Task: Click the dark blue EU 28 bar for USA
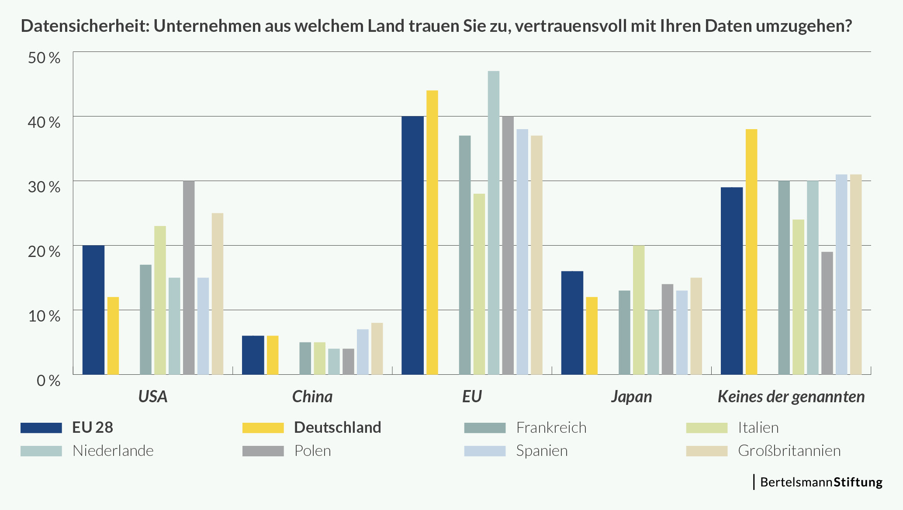(93, 310)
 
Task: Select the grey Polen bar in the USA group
(189, 277)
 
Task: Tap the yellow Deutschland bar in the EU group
(432, 232)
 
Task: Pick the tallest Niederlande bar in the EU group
(494, 222)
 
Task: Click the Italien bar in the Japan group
(639, 310)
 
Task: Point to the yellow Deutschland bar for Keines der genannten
(751, 252)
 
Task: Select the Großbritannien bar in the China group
(377, 349)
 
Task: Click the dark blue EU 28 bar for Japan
(572, 323)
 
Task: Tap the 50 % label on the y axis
(44, 58)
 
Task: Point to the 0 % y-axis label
(48, 380)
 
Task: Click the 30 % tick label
(44, 187)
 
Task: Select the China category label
(312, 397)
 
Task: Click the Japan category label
(631, 397)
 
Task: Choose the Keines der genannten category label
(791, 397)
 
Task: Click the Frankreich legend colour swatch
(485, 428)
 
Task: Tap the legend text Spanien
(542, 451)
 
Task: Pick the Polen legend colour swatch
(263, 451)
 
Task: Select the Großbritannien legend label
(789, 451)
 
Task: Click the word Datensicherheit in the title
(83, 26)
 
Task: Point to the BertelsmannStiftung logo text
(821, 482)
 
